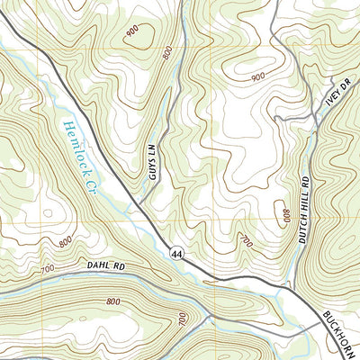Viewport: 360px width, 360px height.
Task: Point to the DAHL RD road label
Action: click(x=106, y=266)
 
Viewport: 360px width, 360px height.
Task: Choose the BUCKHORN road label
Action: click(x=339, y=332)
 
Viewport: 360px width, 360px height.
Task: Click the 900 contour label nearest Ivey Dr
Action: click(x=258, y=78)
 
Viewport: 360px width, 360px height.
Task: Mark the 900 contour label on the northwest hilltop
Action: click(x=132, y=31)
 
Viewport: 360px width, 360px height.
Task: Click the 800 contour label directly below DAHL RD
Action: click(x=113, y=302)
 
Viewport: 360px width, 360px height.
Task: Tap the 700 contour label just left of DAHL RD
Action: click(x=48, y=270)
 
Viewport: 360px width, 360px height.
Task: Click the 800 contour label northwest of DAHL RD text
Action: click(x=66, y=241)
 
